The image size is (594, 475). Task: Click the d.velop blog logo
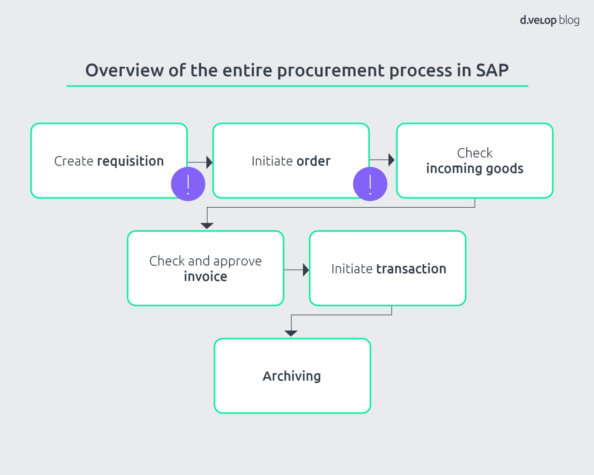549,20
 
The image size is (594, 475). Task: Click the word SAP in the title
492,70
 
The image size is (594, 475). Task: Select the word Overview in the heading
124,70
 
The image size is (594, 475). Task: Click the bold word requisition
130,161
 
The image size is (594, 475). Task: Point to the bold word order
313,161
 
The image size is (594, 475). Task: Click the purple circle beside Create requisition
188,184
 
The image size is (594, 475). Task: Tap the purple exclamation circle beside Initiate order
370,184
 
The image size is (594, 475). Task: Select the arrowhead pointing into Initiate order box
209,162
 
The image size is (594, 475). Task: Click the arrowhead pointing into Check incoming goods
391,160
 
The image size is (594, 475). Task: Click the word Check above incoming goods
475,153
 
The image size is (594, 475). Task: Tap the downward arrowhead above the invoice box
207,226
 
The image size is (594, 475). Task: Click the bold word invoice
205,277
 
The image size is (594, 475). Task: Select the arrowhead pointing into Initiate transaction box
306,270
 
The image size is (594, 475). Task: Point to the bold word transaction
411,269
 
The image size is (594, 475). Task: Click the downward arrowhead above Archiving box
291,333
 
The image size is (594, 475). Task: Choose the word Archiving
292,376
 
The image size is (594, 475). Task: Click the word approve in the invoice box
237,261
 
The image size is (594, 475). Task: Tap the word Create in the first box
74,161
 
